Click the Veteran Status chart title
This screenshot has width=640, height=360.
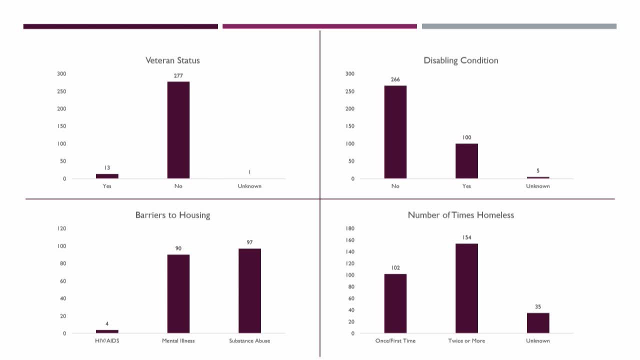[172, 60]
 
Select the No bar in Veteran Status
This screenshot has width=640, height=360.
[178, 130]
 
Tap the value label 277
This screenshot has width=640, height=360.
[178, 76]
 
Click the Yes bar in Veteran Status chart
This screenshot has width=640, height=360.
[107, 176]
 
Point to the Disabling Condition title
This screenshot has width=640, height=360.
[460, 60]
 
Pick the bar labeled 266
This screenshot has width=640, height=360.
[395, 132]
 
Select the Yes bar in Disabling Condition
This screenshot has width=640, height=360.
[466, 161]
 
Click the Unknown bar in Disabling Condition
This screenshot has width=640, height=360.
[538, 177]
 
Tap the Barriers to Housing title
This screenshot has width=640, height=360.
[172, 215]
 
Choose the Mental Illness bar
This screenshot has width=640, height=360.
[178, 294]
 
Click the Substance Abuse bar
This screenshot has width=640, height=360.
[249, 291]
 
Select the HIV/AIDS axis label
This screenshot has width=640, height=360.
[107, 341]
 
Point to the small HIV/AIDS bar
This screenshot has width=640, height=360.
[107, 331]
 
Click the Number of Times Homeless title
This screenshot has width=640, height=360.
[460, 215]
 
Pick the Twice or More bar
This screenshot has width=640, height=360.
[466, 288]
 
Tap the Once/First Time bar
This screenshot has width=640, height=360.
[395, 303]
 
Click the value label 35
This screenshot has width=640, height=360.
[538, 307]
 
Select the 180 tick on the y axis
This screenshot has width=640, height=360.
[350, 228]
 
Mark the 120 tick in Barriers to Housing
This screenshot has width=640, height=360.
[62, 228]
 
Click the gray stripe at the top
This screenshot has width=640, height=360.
[519, 26]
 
